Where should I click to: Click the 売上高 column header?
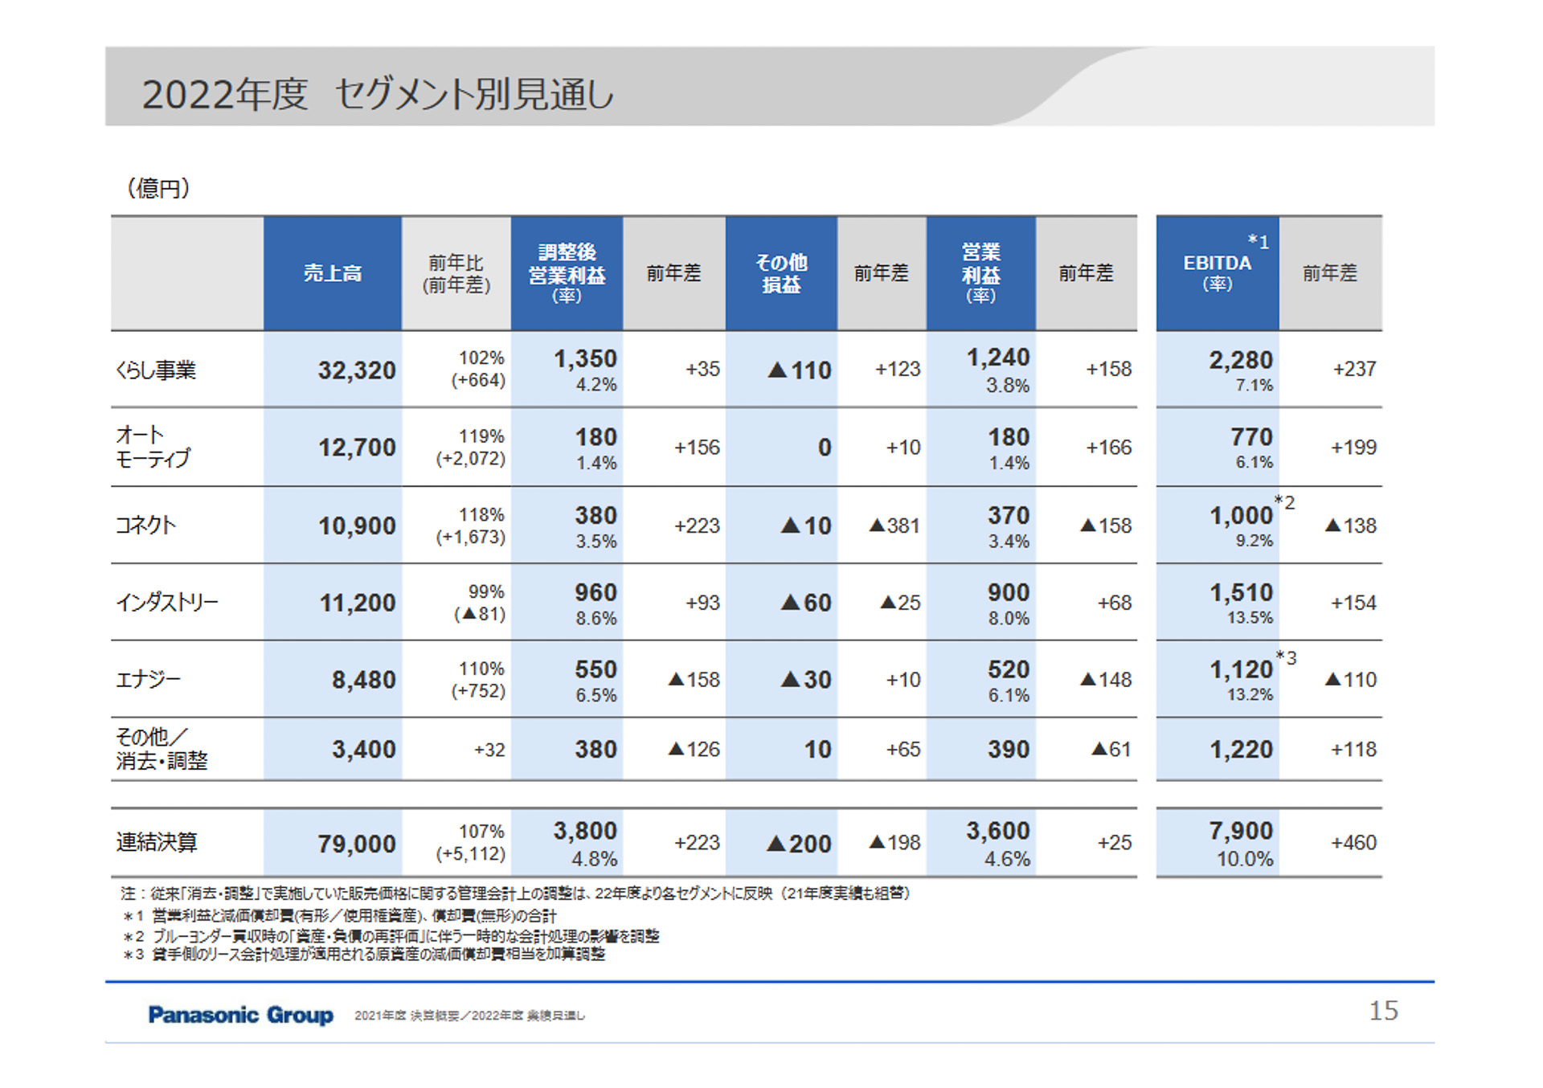pos(332,273)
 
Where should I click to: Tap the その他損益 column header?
pos(780,273)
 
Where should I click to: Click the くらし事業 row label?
pos(157,370)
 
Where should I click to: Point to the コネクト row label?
pos(145,526)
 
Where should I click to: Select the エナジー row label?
pos(148,680)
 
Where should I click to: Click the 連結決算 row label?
pos(157,842)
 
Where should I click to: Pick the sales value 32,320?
pos(356,370)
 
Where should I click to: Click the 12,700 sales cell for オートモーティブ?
pos(356,448)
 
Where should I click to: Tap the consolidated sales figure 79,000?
pos(356,844)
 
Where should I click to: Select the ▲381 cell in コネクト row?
pos(894,526)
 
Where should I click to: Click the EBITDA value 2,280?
pos(1240,360)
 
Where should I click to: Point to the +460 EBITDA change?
pos(1353,842)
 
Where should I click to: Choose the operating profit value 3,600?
pos(997,831)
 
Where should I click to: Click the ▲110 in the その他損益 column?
pos(799,370)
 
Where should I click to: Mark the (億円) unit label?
pos(158,188)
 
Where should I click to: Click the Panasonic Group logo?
pos(240,1015)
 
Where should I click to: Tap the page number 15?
pos(1383,1011)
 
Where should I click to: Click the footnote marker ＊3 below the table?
pos(133,955)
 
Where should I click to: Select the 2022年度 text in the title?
pos(224,95)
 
